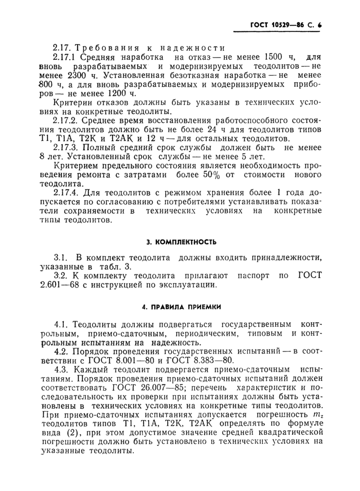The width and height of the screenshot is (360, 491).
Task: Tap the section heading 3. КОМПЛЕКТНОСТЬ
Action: [x=179, y=241]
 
